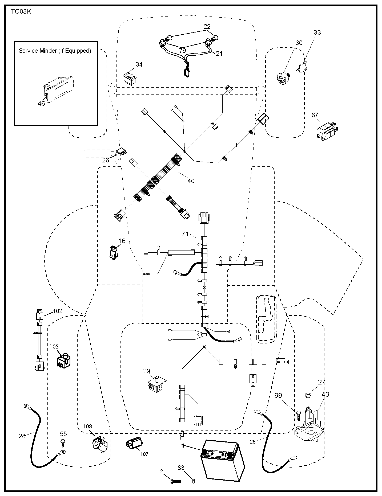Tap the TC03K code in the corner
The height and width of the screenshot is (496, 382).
click(21, 12)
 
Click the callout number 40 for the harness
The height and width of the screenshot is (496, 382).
click(191, 181)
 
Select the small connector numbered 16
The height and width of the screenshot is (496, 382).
click(114, 252)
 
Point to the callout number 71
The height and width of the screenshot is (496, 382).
click(185, 234)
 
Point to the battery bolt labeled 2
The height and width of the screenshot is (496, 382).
click(175, 481)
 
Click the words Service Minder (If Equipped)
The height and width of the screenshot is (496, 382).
click(55, 51)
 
